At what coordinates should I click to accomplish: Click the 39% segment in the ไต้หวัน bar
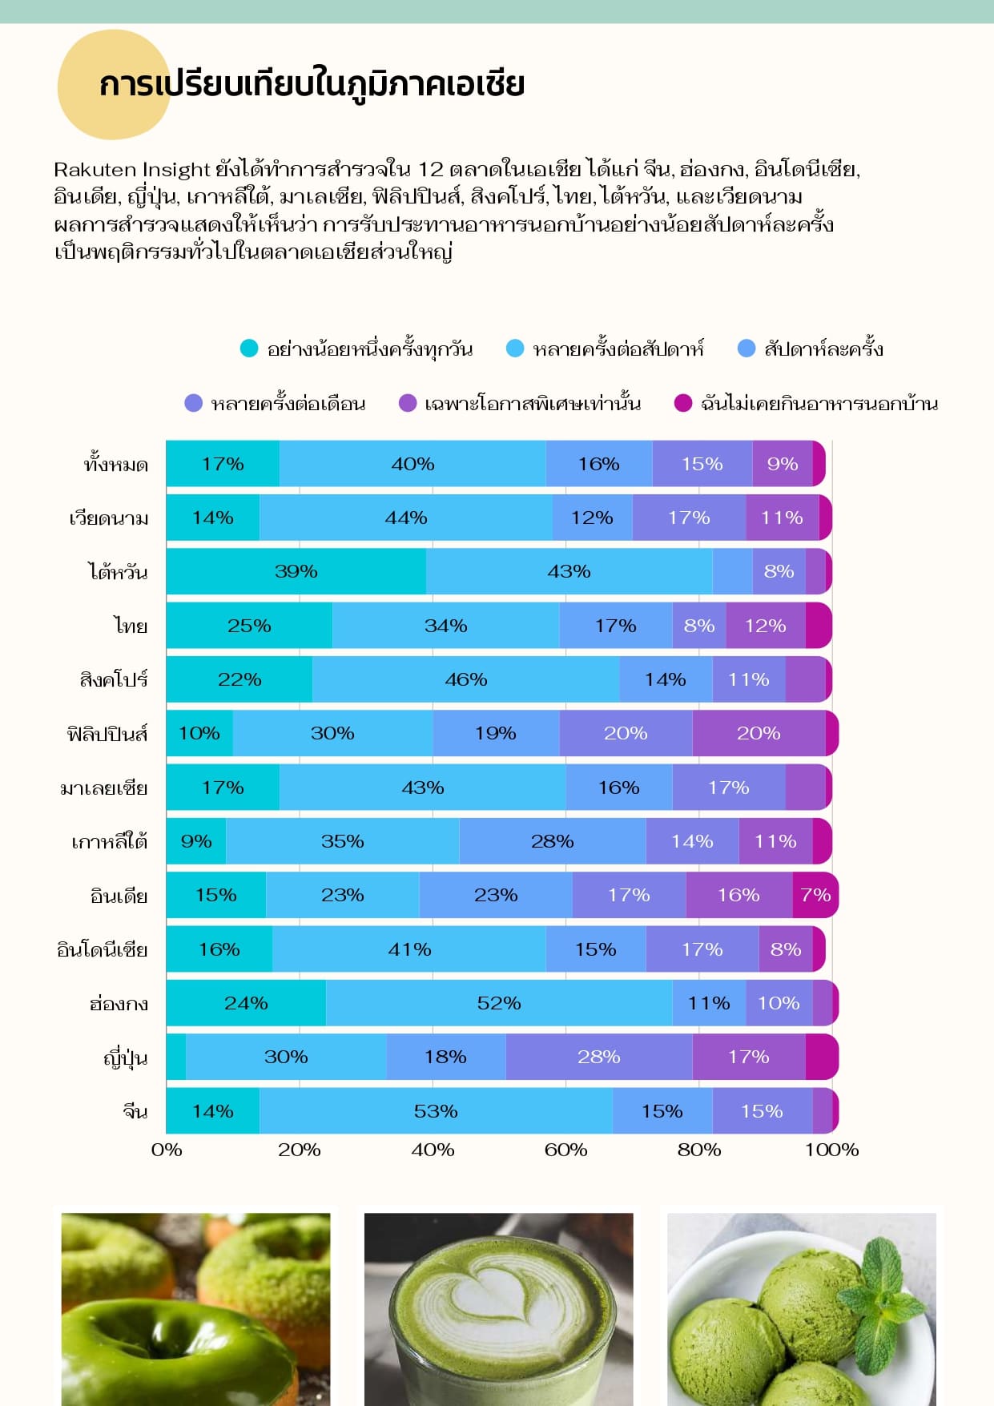tap(296, 571)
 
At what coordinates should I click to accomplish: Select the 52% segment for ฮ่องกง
tap(498, 1003)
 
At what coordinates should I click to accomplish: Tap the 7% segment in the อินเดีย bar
tap(815, 895)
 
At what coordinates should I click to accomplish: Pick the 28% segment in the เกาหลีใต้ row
tap(552, 841)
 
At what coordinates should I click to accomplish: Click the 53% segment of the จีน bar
tap(436, 1111)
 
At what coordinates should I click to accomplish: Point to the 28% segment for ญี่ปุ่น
tap(598, 1057)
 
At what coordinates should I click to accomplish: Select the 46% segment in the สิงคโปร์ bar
tap(465, 679)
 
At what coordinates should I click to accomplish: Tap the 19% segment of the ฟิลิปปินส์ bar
tap(496, 733)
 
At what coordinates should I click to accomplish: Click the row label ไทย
tap(130, 626)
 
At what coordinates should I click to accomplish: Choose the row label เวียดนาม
tap(109, 518)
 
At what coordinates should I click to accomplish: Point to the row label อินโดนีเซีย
tap(103, 950)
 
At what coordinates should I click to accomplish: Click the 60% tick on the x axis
tap(565, 1150)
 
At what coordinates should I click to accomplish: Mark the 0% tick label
tap(167, 1150)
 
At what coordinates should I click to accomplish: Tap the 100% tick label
tap(831, 1150)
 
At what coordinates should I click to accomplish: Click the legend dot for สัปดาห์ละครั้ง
tap(746, 348)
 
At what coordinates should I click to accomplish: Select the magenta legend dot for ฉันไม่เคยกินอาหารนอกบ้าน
tap(682, 403)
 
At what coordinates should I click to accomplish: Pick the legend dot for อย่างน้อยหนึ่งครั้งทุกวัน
tap(249, 348)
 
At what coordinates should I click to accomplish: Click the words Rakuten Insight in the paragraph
tap(131, 170)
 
